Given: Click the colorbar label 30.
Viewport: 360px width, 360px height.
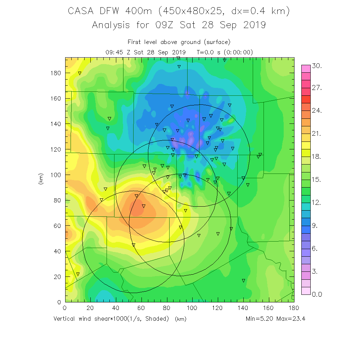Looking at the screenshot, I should click(317, 66).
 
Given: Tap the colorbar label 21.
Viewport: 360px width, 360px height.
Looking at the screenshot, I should click(317, 134).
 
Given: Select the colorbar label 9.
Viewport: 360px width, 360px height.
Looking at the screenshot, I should click(315, 226).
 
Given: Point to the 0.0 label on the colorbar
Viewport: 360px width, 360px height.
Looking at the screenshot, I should click(317, 294).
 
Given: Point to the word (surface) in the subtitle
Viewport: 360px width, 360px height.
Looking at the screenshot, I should click(216, 42).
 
